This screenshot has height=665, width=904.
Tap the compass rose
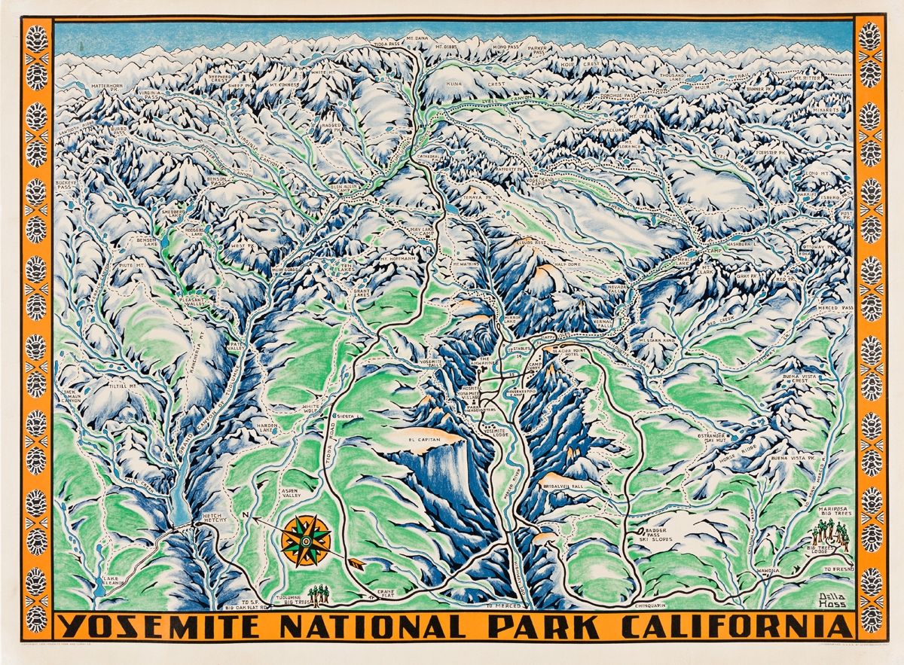pyautogui.click(x=306, y=540)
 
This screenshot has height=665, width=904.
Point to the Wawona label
pyautogui.click(x=768, y=572)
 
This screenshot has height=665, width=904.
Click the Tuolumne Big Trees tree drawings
pyautogui.click(x=322, y=595)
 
